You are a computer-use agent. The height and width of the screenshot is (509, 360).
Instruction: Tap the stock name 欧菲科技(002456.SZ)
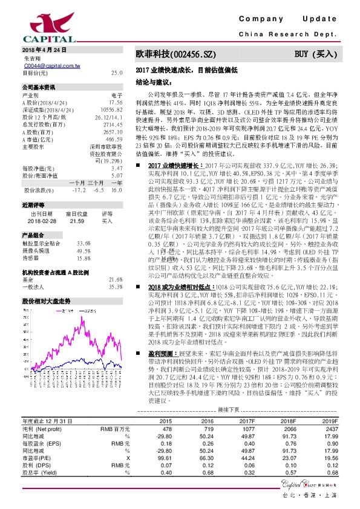click(173, 54)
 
